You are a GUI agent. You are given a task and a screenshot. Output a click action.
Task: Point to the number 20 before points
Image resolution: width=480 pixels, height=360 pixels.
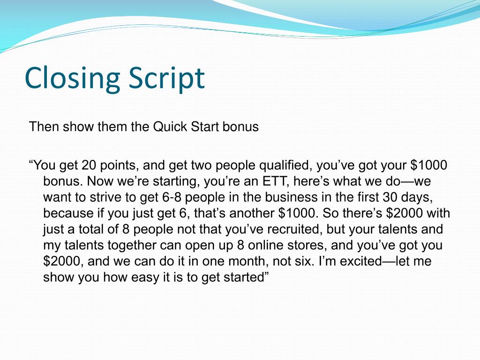click(x=88, y=165)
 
